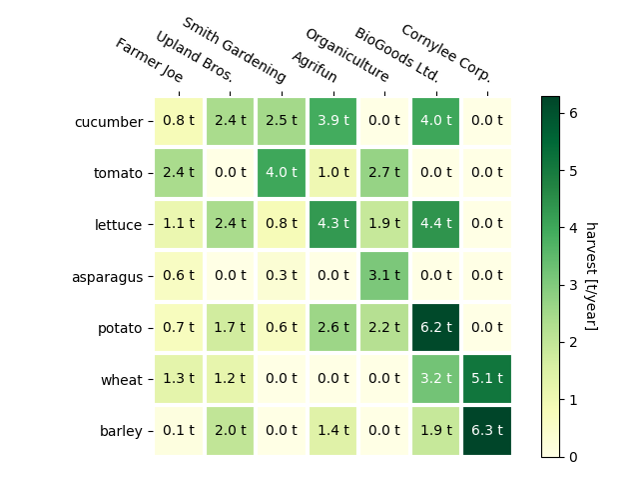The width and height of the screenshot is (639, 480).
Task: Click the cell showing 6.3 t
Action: pyautogui.click(x=486, y=431)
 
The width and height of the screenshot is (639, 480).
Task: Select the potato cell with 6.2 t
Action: pyautogui.click(x=435, y=328)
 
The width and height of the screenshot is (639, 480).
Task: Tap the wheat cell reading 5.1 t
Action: pyautogui.click(x=486, y=380)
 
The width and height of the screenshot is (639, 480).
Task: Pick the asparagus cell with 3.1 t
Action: pyautogui.click(x=384, y=277)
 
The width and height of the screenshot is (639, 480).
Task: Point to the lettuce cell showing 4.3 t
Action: pyautogui.click(x=332, y=225)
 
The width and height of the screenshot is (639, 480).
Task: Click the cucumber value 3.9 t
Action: pyautogui.click(x=332, y=122)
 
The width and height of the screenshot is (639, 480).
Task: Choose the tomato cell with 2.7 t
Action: pyautogui.click(x=384, y=173)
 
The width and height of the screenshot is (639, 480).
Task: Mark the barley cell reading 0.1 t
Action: pyautogui.click(x=179, y=431)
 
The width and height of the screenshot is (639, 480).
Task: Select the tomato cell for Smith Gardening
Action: pyautogui.click(x=282, y=173)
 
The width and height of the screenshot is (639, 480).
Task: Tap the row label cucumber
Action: pyautogui.click(x=109, y=122)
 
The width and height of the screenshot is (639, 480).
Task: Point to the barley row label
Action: pyautogui.click(x=121, y=431)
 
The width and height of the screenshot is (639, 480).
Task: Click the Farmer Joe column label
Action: pyautogui.click(x=149, y=60)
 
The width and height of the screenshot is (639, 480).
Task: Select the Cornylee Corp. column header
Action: pyautogui.click(x=445, y=53)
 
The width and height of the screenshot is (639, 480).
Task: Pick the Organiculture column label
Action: pyautogui.click(x=346, y=55)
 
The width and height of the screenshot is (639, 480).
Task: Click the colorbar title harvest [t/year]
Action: pyautogui.click(x=590, y=276)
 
